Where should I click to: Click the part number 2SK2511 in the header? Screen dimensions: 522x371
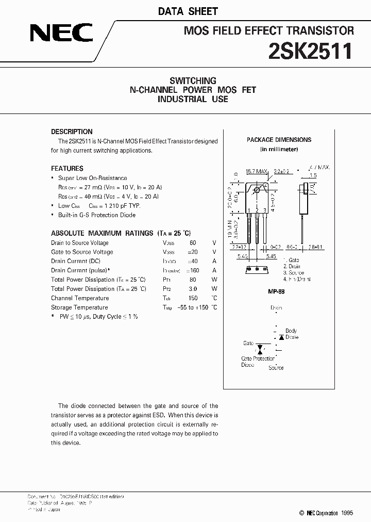click(311, 52)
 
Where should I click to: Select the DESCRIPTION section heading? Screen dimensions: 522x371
click(72, 132)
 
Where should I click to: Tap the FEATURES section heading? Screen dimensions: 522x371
click(67, 168)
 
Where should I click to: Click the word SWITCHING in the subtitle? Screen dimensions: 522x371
click(193, 80)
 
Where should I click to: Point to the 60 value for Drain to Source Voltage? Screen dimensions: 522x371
click(193, 242)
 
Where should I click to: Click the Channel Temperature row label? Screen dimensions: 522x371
click(80, 298)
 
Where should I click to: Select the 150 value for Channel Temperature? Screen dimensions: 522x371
click(193, 298)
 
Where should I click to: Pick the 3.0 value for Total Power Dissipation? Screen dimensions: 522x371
click(193, 289)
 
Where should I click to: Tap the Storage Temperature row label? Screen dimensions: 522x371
click(80, 307)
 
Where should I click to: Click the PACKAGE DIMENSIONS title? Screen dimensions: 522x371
click(279, 140)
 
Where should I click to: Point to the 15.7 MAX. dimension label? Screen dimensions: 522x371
click(257, 171)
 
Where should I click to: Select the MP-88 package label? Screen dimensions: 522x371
click(276, 291)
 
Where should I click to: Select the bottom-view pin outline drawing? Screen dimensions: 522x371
click(256, 269)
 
